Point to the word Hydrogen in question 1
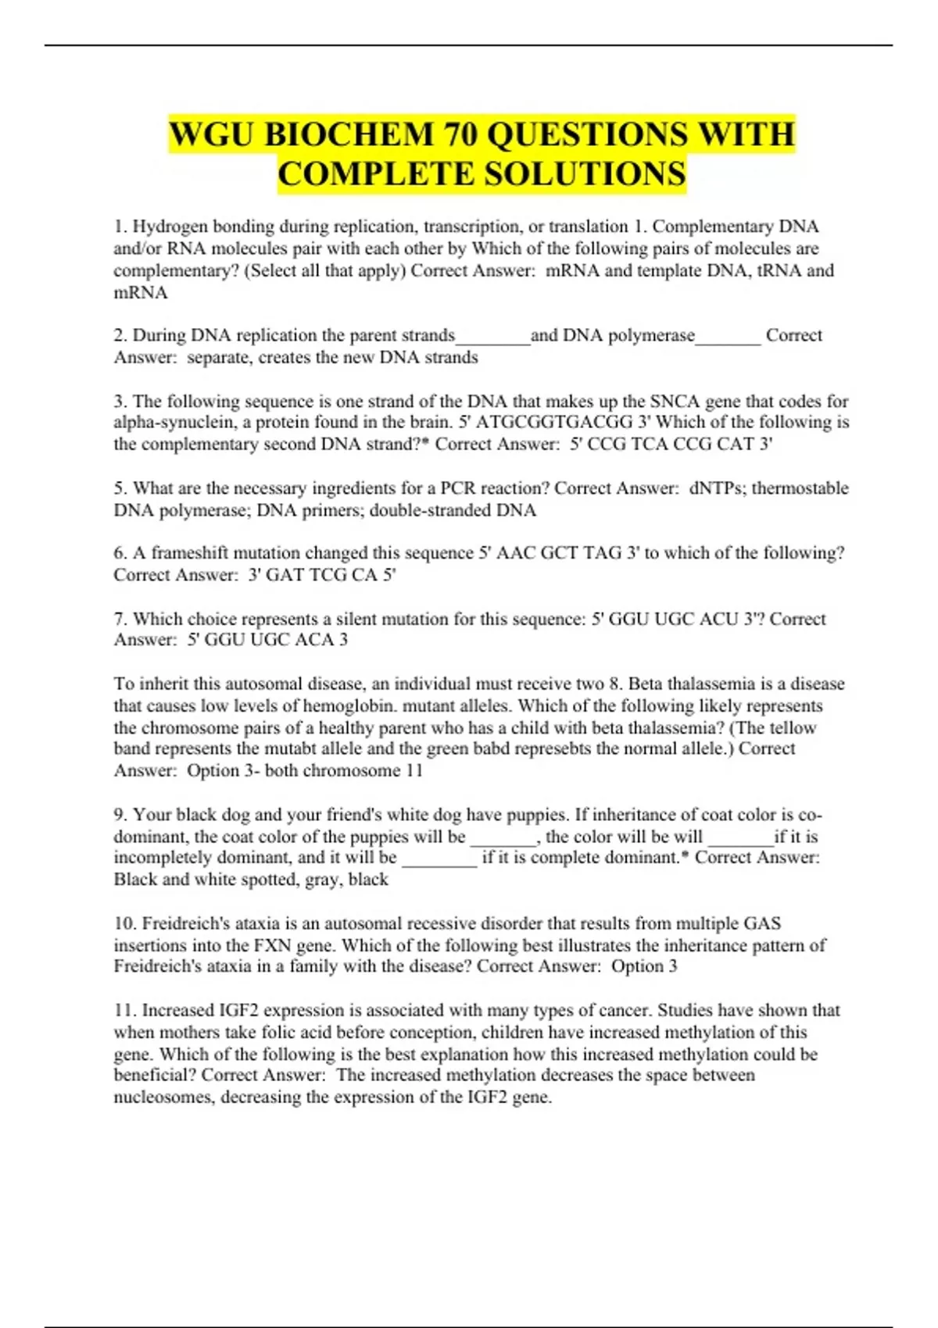tap(166, 227)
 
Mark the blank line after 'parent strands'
tap(492, 337)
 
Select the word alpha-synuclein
tap(171, 423)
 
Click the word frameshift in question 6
tap(190, 553)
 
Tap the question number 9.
tap(120, 815)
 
